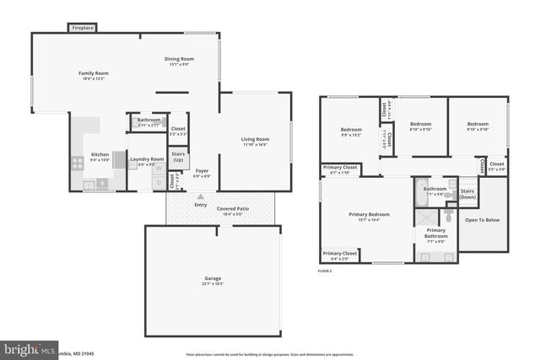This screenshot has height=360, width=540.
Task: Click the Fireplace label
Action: tap(82, 28)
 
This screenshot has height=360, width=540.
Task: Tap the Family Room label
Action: tap(94, 73)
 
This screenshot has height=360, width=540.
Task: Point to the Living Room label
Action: tap(255, 139)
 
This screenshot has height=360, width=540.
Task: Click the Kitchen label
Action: tap(100, 154)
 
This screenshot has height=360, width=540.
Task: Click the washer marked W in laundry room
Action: tap(158, 168)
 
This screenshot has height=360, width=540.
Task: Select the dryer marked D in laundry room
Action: tap(158, 182)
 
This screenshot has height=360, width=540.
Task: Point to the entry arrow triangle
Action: tap(201, 196)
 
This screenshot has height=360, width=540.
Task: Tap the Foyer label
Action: tap(202, 171)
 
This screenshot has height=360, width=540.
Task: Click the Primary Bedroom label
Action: tap(369, 214)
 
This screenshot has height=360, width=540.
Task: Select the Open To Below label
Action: tap(483, 220)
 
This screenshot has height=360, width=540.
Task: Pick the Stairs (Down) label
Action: tap(467, 194)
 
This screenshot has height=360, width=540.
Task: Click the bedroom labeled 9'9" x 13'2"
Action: tap(350, 130)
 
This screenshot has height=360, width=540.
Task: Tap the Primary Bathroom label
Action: tap(435, 233)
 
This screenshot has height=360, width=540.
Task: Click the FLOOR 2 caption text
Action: tap(325, 271)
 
